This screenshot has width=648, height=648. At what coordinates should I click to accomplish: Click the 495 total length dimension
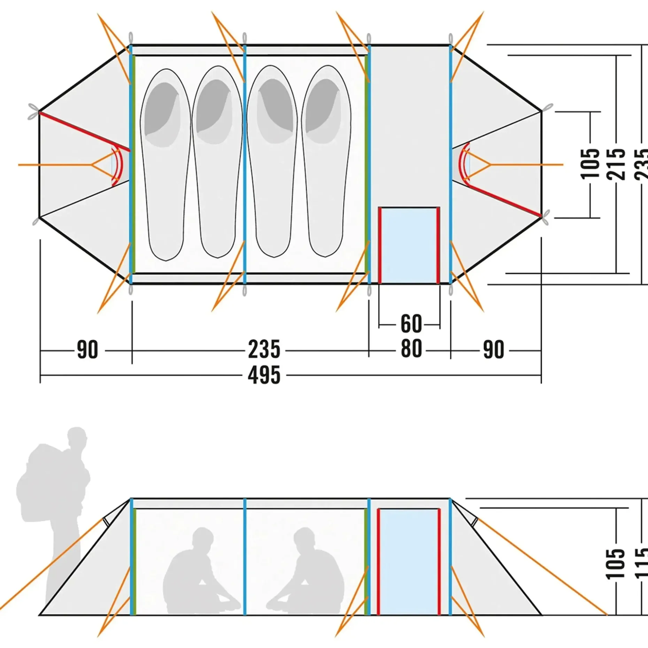click(264, 376)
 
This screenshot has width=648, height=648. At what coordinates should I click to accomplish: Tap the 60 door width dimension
click(411, 324)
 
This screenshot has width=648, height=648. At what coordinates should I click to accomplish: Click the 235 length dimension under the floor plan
click(264, 349)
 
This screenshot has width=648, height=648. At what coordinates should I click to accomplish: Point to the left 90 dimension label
click(87, 350)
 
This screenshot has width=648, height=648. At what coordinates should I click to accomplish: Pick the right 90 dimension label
click(493, 350)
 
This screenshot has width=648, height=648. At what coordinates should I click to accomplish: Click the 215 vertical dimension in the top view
click(616, 164)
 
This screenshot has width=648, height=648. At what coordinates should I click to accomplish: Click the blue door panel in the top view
click(409, 245)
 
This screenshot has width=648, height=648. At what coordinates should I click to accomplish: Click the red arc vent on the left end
click(117, 165)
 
